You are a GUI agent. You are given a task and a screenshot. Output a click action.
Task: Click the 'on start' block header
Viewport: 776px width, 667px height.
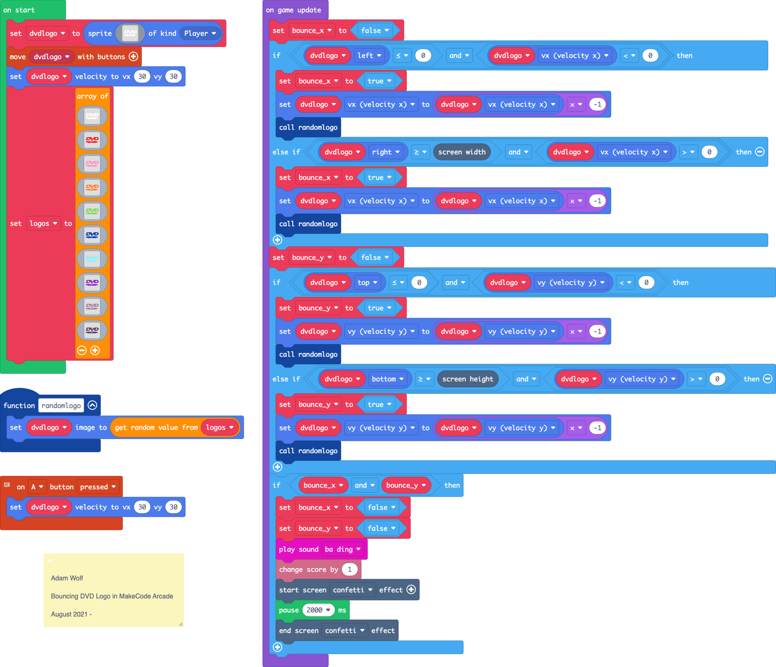(x=19, y=10)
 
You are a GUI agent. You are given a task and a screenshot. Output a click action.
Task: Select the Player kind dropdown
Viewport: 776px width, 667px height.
(x=200, y=33)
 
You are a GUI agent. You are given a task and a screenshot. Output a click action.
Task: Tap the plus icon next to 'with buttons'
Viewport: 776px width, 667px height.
(x=133, y=57)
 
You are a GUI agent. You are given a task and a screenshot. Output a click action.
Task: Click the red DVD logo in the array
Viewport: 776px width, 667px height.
(x=92, y=140)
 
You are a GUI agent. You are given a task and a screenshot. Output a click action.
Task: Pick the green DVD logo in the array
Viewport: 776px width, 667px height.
(x=92, y=211)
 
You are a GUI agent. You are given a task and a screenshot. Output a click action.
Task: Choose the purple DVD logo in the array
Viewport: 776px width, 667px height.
(x=92, y=282)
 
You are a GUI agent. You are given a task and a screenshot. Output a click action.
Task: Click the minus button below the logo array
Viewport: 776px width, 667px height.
(x=82, y=350)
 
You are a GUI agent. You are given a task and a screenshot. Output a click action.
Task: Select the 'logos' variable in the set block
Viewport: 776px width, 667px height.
(x=43, y=223)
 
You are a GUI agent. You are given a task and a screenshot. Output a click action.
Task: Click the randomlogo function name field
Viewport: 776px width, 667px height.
(x=61, y=406)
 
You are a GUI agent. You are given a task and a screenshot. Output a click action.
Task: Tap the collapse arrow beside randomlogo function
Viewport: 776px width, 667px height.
(x=93, y=405)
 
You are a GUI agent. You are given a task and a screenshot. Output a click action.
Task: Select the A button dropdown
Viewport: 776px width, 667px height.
(x=37, y=487)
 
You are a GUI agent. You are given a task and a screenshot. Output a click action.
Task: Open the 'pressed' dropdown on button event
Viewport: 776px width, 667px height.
(x=98, y=487)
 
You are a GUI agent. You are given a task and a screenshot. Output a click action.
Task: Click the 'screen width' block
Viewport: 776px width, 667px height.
(x=462, y=152)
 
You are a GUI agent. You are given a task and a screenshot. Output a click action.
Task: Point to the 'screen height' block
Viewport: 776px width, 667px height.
(x=467, y=379)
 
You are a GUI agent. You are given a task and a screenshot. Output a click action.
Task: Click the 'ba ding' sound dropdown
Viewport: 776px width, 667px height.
(x=343, y=549)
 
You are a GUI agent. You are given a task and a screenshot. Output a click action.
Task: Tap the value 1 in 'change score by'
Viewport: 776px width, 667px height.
(x=350, y=569)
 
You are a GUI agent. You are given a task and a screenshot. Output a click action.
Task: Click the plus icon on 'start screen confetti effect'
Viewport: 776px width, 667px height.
(x=411, y=589)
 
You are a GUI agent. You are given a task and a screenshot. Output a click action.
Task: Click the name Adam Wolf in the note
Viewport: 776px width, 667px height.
(x=67, y=578)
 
